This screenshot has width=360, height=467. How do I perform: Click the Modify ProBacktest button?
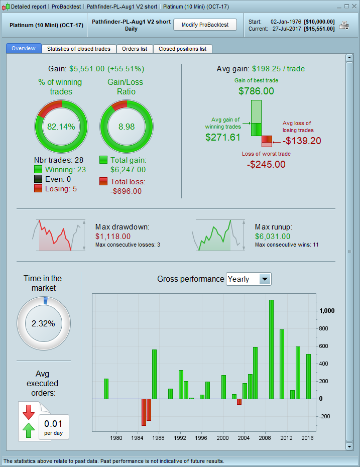(205, 25)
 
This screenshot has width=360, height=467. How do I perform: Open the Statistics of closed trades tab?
(78, 49)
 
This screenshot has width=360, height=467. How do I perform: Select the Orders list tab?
(135, 49)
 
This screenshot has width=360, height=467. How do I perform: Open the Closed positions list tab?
(182, 49)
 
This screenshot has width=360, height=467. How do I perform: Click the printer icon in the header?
(344, 26)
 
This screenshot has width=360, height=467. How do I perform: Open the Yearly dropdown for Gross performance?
(265, 279)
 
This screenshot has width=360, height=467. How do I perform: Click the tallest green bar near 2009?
(271, 349)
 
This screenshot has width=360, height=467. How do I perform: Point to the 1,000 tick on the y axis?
(327, 311)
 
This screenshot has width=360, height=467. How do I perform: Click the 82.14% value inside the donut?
(61, 127)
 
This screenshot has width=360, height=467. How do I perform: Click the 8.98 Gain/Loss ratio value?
(127, 127)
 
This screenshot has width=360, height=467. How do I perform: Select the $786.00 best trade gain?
(256, 91)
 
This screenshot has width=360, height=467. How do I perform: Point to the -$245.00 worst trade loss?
(266, 164)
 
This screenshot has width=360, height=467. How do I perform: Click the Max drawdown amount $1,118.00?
(113, 236)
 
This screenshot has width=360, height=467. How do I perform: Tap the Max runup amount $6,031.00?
(273, 236)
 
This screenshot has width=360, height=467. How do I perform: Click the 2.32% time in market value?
(43, 323)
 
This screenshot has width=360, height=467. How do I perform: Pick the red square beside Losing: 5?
(38, 188)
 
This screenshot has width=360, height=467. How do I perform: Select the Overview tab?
(24, 48)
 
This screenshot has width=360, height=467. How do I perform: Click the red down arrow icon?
(28, 412)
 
